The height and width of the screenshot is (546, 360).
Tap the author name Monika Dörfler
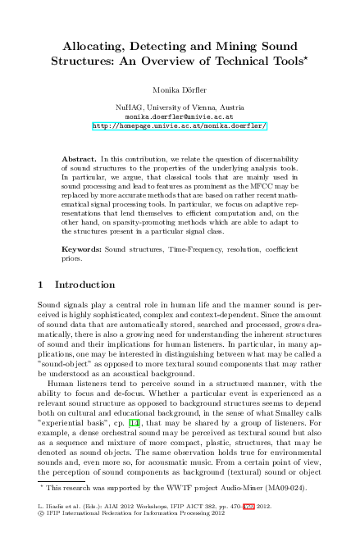(180, 89)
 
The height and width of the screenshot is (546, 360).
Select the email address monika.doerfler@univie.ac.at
(180, 117)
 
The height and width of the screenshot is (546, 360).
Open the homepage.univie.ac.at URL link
(180, 127)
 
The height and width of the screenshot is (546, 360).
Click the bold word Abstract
(80, 156)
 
